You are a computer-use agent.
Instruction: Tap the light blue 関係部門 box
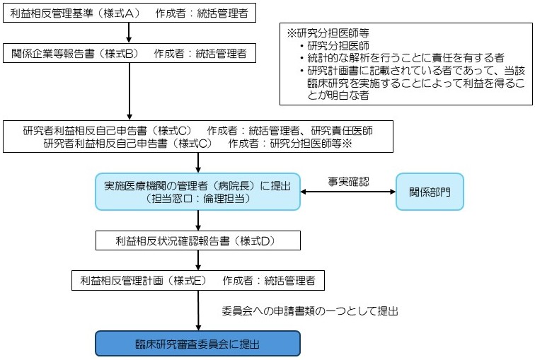(430, 191)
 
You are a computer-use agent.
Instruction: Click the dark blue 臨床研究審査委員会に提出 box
(197, 344)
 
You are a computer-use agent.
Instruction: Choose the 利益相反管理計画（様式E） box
(197, 281)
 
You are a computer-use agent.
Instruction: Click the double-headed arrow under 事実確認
(347, 192)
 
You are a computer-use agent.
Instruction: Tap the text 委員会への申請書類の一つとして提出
(310, 310)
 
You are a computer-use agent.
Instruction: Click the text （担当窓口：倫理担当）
(197, 199)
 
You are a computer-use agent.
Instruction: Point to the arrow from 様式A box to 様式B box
(129, 33)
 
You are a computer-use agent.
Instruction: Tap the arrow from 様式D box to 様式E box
(197, 260)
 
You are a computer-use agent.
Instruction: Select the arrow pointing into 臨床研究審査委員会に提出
(197, 310)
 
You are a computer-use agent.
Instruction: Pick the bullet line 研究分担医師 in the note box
(340, 46)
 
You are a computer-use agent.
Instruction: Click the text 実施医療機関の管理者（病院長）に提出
(197, 186)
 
